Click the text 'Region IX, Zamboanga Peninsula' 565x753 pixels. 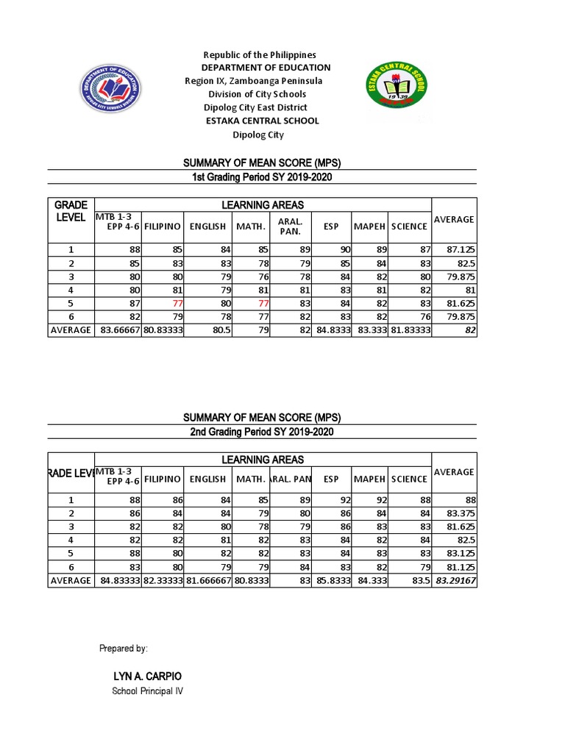(x=253, y=81)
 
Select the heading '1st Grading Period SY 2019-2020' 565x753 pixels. (x=262, y=177)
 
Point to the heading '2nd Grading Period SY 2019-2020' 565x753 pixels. (x=262, y=432)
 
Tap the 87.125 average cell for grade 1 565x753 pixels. (x=459, y=250)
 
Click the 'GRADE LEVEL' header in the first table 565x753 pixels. (x=71, y=211)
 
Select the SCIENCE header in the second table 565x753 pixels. (x=409, y=479)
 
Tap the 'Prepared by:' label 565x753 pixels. (x=123, y=649)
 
